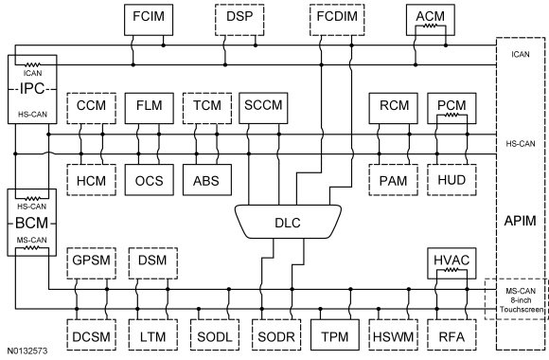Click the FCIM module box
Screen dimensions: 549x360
pos(149,20)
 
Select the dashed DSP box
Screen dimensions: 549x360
pos(239,20)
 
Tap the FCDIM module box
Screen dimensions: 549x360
pos(337,20)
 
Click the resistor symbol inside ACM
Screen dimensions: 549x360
pos(431,26)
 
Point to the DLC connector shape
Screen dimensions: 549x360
pos(288,222)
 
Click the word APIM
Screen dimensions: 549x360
pos(520,221)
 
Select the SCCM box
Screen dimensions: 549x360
pos(263,108)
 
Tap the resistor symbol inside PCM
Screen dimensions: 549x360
pos(452,115)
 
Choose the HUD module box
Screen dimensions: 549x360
pos(452,180)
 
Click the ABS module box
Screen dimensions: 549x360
pos(207,180)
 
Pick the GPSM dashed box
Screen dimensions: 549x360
pos(91,263)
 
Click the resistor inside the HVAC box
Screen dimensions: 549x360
pos(452,270)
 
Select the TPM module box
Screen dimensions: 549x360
pos(335,334)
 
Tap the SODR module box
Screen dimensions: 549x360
pos(276,334)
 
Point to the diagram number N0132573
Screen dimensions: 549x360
pos(27,351)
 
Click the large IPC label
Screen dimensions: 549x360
pos(32,89)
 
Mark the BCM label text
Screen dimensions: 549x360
pos(32,223)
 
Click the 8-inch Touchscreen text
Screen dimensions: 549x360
pos(522,305)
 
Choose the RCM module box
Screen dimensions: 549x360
pos(394,108)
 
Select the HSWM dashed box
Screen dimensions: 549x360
pos(394,334)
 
